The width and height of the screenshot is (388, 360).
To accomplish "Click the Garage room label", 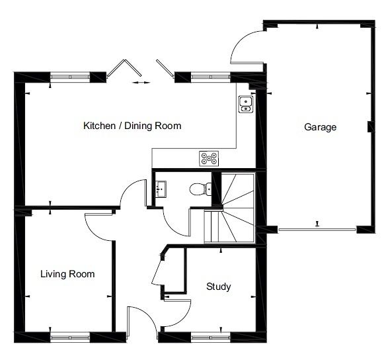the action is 320,127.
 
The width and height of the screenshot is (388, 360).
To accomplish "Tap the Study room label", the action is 219,287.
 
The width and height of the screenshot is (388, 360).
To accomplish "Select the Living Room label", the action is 67,274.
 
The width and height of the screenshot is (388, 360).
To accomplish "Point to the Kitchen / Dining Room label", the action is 132,126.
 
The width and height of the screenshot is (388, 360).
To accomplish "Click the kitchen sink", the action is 246,105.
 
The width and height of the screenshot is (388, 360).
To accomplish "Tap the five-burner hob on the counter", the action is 209,159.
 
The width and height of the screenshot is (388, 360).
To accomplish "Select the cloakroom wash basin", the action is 161,189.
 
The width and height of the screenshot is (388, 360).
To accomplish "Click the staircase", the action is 229,208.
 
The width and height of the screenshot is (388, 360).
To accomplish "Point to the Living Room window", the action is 70,337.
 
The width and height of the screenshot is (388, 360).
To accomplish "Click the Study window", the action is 211,337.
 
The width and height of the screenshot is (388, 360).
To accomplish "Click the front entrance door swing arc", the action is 149,315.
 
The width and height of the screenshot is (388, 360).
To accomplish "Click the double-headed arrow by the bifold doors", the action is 141,83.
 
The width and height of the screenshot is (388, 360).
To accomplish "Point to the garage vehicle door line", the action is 317,230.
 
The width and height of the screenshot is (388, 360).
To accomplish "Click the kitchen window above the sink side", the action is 211,77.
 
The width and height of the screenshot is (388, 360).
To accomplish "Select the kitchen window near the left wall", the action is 70,77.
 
